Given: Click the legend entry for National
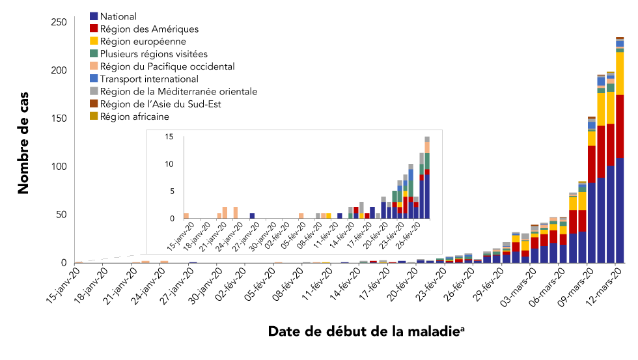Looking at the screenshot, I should pyautogui.click(x=119, y=17).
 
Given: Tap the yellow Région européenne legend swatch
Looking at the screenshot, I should pyautogui.click(x=94, y=42).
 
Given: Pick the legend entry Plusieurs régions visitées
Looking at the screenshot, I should pyautogui.click(x=154, y=54).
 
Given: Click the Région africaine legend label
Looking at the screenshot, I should pyautogui.click(x=135, y=117).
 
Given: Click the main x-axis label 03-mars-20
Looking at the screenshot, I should pyautogui.click(x=514, y=287).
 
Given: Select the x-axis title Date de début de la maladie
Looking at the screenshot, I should pyautogui.click(x=365, y=331).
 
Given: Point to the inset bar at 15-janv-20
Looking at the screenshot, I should pyautogui.click(x=186, y=215).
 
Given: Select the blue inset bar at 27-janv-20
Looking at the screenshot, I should pyautogui.click(x=252, y=215).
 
